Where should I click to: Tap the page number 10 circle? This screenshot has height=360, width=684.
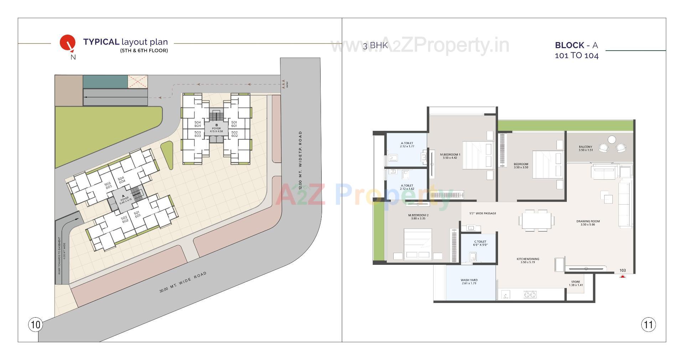click(x=35, y=325)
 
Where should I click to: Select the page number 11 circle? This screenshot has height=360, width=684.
click(x=648, y=325)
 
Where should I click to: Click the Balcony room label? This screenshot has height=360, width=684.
click(x=585, y=148)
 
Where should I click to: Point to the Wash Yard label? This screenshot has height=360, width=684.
click(x=469, y=282)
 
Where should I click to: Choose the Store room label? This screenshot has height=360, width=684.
click(x=575, y=283)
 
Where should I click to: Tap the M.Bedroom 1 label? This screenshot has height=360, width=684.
click(x=450, y=156)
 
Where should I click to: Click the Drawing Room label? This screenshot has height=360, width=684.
click(x=588, y=223)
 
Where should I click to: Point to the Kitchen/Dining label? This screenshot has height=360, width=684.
click(x=528, y=261)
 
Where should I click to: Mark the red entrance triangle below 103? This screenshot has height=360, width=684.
click(x=622, y=276)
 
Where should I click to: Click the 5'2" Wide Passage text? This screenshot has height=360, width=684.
click(x=483, y=214)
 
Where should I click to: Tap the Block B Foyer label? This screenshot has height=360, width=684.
click(x=216, y=128)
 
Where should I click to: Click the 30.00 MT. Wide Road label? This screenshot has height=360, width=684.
click(x=183, y=283)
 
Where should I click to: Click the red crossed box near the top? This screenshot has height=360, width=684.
click(x=138, y=82)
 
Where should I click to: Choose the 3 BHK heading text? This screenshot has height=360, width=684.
click(x=375, y=46)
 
